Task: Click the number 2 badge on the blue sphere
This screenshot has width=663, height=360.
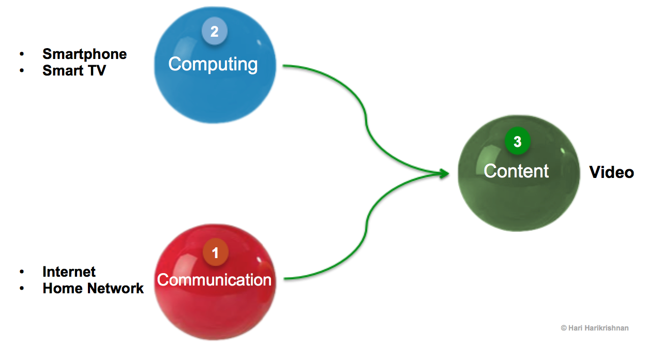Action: (x=214, y=32)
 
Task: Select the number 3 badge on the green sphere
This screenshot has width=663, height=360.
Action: (x=517, y=142)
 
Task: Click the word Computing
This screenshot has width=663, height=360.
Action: (x=213, y=64)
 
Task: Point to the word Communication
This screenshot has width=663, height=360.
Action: (x=214, y=280)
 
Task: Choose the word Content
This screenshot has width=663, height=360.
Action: (x=516, y=171)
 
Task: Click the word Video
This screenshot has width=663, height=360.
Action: (x=612, y=172)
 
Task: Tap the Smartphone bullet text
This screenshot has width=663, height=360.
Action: (x=84, y=54)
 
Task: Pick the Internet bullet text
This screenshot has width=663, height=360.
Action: (x=69, y=272)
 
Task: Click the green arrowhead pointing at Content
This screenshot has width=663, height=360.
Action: (x=443, y=174)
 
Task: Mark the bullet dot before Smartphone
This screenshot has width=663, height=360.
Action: (x=22, y=54)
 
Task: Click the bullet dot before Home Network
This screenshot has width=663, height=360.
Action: (x=22, y=288)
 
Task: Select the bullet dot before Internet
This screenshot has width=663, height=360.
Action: (x=22, y=272)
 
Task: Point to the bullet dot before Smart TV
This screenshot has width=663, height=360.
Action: (x=22, y=70)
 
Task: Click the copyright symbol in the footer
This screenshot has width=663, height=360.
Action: (x=563, y=328)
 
